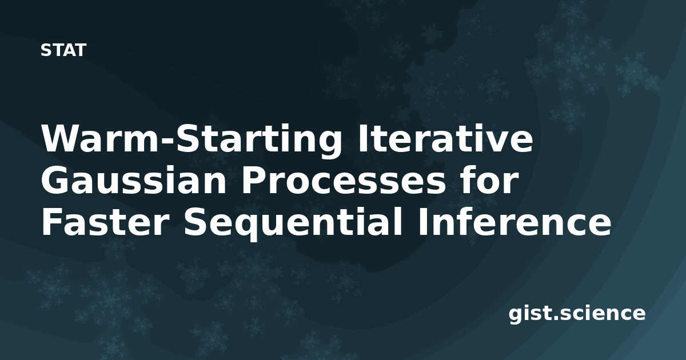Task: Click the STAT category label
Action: [63, 50]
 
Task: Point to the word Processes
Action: [344, 180]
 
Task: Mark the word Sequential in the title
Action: [293, 223]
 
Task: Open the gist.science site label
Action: [577, 314]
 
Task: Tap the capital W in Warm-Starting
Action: [63, 138]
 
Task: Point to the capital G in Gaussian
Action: [54, 180]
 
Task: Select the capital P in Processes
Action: [255, 180]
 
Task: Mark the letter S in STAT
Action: [46, 50]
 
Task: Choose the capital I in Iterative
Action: [363, 138]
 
